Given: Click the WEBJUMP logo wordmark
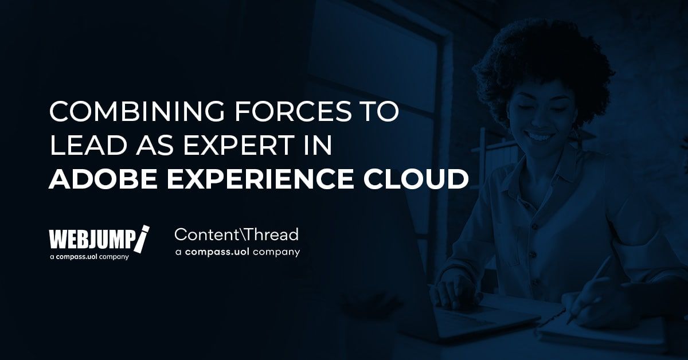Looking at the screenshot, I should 92,239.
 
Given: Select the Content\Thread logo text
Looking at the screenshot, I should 236,234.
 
